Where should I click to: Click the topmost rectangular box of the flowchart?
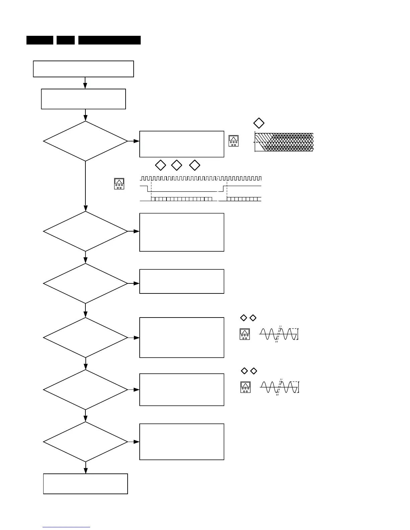[x=83, y=69]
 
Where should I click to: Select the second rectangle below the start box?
[x=83, y=99]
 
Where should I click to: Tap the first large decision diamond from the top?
[x=85, y=141]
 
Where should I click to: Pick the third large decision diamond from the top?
[x=85, y=283]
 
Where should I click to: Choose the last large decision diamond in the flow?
[x=85, y=442]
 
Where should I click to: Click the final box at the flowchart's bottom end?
[x=85, y=483]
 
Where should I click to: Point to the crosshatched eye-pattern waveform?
[x=284, y=142]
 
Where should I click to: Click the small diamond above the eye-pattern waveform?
[x=259, y=123]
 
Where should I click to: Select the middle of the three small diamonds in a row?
[x=177, y=165]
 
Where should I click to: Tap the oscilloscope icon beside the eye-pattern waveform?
[x=233, y=141]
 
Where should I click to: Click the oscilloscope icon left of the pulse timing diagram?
[x=119, y=184]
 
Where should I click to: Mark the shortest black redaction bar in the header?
[x=66, y=40]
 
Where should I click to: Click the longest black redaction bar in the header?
[x=110, y=40]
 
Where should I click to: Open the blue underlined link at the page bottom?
[x=66, y=527]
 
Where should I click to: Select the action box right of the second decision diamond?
[x=182, y=232]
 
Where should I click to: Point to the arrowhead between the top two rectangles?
[x=85, y=86]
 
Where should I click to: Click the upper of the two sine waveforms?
[x=278, y=334]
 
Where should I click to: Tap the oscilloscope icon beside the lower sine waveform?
[x=246, y=387]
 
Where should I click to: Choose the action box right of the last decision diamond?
[x=182, y=442]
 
